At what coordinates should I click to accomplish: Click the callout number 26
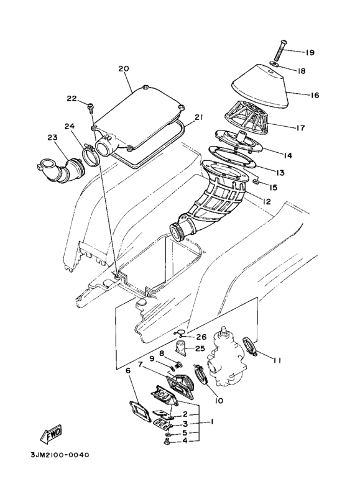(x=201, y=337)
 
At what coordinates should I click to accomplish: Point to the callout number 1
(x=211, y=422)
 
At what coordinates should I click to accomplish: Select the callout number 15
(x=273, y=186)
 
